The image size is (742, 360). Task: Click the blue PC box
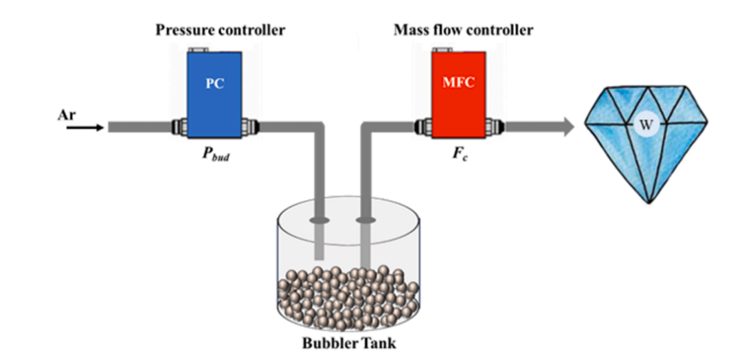pyautogui.click(x=214, y=95)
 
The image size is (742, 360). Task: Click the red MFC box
pyautogui.click(x=458, y=95)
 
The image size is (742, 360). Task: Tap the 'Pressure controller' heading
pyautogui.click(x=221, y=31)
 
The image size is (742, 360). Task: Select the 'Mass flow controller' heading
pyautogui.click(x=463, y=31)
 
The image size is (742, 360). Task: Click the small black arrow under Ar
pyautogui.click(x=85, y=127)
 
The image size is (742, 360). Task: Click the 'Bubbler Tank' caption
pyautogui.click(x=349, y=343)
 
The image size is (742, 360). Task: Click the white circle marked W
pyautogui.click(x=645, y=126)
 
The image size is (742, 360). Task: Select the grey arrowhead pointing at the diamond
pyautogui.click(x=566, y=127)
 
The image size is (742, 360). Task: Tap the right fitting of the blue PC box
pyautogui.click(x=250, y=127)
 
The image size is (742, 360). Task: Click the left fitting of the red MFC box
pyautogui.click(x=423, y=127)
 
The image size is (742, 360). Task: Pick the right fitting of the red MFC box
pyautogui.click(x=495, y=127)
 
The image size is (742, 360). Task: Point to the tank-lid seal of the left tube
pyautogui.click(x=319, y=220)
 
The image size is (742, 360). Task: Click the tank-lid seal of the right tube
pyautogui.click(x=365, y=220)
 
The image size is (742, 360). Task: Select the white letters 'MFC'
pyautogui.click(x=458, y=84)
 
